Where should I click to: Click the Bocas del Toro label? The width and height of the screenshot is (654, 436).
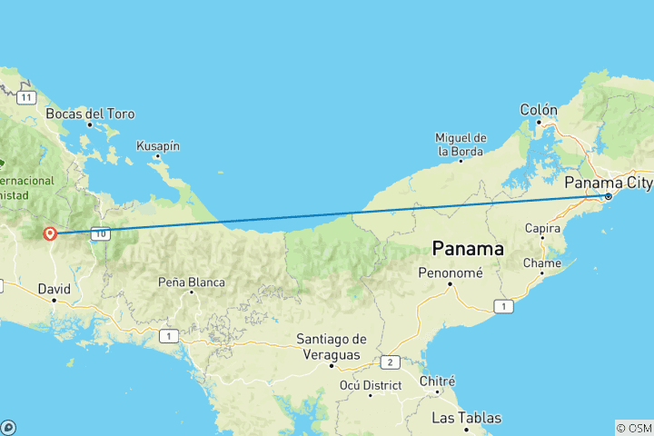tap(91, 114)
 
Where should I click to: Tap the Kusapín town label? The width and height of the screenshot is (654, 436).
tap(158, 145)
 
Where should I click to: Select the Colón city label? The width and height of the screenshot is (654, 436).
tap(539, 110)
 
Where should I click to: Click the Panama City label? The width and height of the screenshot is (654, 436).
tap(608, 183)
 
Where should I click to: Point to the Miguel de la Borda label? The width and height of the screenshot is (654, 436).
tap(461, 144)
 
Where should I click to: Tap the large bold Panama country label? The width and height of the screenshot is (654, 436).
tap(468, 247)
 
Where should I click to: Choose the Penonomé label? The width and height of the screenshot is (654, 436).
tap(450, 272)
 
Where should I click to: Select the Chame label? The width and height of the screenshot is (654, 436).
tap(542, 263)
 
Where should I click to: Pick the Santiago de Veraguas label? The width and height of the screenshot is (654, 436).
tap(332, 346)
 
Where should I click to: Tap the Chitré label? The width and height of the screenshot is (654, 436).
tap(437, 381)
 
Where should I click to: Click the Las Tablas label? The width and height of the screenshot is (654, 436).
tap(466, 418)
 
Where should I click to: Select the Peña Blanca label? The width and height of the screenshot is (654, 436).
tap(192, 282)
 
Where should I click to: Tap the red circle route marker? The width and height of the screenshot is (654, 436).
tap(51, 233)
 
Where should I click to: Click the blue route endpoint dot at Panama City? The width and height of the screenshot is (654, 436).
tap(608, 196)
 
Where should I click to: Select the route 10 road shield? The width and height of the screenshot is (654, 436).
tap(100, 233)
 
